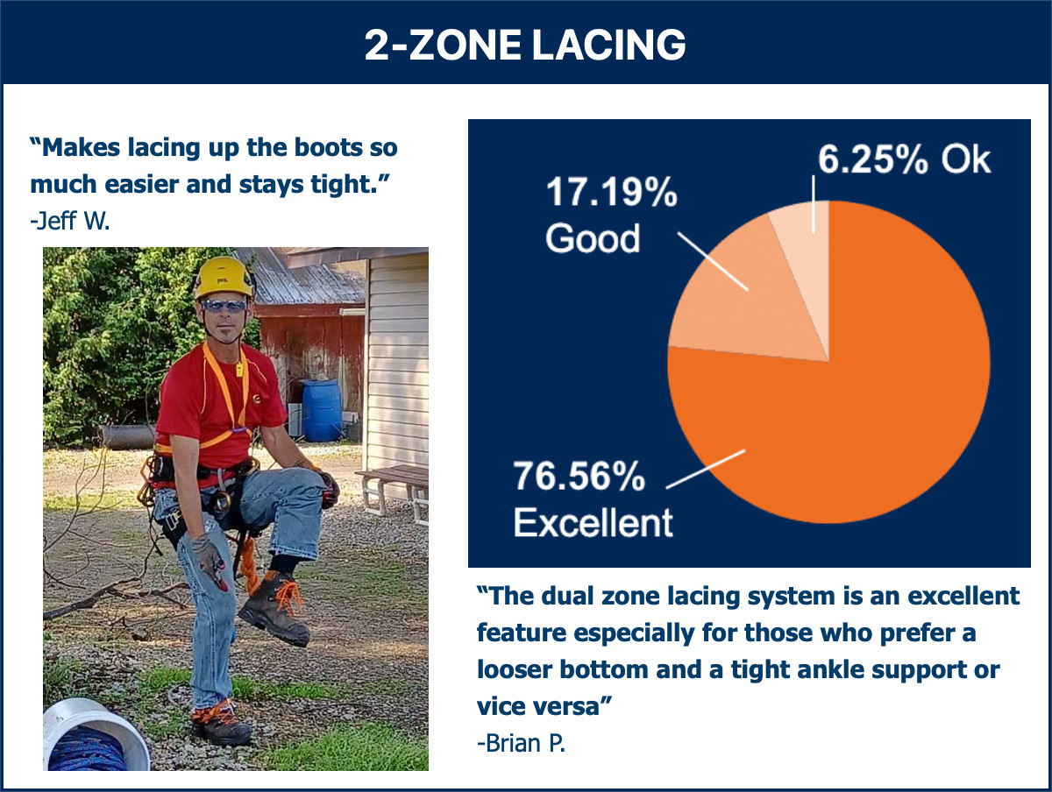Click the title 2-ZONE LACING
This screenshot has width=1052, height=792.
tap(525, 45)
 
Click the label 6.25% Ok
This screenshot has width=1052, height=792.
tap(904, 159)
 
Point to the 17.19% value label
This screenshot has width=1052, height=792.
tap(612, 192)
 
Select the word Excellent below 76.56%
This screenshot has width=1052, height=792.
tap(593, 522)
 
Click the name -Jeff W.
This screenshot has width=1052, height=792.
tap(70, 221)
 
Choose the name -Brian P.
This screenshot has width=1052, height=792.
tap(521, 744)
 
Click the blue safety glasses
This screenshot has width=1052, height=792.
tap(224, 306)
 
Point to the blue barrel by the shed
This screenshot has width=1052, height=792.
tap(322, 410)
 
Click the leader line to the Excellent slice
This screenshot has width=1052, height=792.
tap(706, 470)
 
